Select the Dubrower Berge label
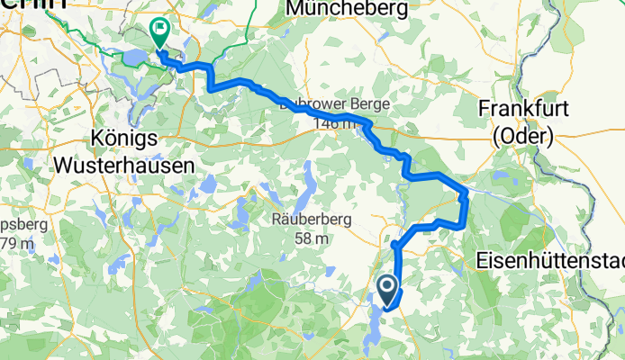coord(333,104)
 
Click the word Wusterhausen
coord(124,165)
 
